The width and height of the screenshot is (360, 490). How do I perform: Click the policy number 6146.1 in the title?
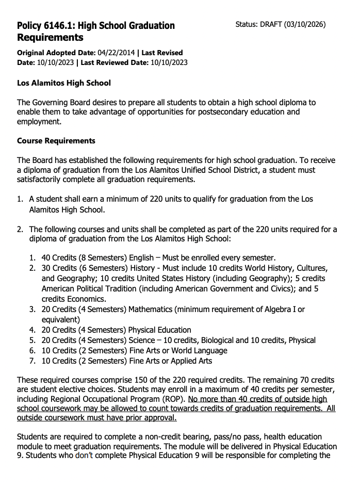[60, 26]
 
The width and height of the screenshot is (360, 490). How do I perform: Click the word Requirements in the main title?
[50, 38]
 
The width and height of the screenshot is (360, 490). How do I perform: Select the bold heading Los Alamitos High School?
[64, 83]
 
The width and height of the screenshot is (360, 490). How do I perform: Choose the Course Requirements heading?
[56, 141]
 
